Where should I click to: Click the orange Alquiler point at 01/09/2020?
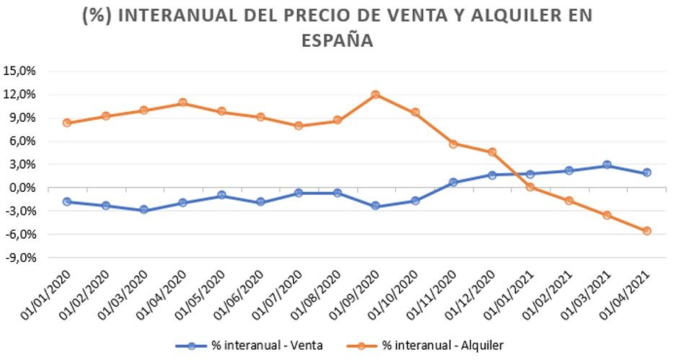coord(375,95)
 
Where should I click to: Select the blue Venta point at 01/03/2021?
coord(607,165)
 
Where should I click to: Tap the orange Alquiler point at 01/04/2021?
coord(647,231)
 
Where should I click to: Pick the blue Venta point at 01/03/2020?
coord(143,210)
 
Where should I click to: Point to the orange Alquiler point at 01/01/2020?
coord(66,123)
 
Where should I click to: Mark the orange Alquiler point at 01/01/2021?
coord(530,187)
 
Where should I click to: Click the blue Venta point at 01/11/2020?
coord(453,183)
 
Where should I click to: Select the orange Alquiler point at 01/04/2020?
coord(182,102)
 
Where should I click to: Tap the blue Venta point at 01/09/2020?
coord(375,206)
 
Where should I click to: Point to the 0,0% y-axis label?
coord(22,188)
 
